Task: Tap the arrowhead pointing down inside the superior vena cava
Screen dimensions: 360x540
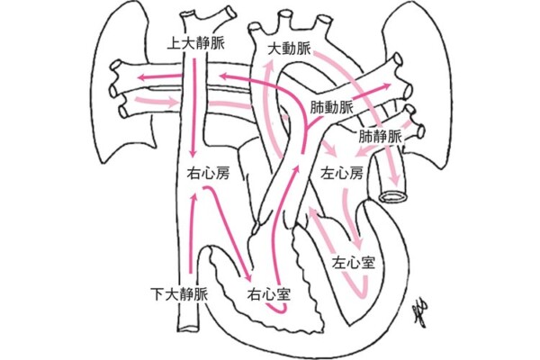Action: point(195,155)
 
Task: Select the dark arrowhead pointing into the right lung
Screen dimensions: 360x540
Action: point(136,79)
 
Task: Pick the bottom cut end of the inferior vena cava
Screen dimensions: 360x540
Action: point(192,329)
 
